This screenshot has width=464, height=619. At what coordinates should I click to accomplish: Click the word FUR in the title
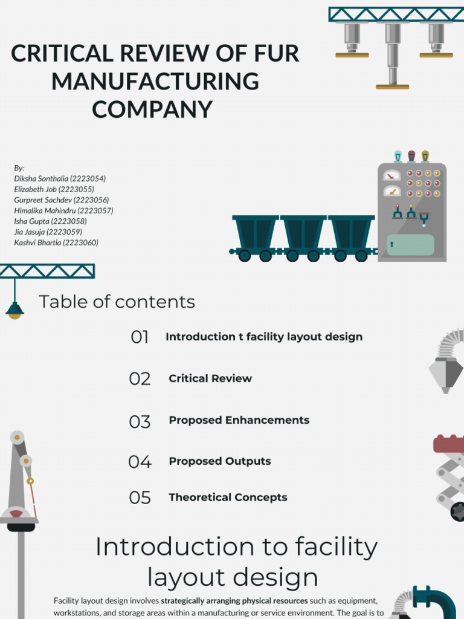[x=276, y=53]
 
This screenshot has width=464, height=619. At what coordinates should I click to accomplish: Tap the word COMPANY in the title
[x=152, y=109]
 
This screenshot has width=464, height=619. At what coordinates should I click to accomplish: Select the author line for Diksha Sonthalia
[x=60, y=178]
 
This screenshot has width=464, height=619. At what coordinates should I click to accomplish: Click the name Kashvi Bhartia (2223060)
[x=56, y=242]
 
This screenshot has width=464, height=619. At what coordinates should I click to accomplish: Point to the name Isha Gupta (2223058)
[x=50, y=221]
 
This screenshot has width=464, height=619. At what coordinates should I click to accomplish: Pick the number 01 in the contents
[x=140, y=337]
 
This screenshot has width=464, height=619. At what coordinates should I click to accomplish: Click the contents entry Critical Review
[x=210, y=378]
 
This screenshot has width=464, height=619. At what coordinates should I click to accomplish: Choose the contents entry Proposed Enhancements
[x=239, y=420]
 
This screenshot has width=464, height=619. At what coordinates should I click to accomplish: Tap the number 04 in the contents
[x=140, y=461]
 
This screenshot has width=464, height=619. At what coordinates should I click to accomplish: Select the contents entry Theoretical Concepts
[x=228, y=497]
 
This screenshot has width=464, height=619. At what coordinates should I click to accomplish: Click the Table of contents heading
[x=117, y=302]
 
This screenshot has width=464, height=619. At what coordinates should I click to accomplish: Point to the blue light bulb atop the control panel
[x=398, y=157]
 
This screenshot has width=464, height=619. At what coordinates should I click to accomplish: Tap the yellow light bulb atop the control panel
[x=425, y=157]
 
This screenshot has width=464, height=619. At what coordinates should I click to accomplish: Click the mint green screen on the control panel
[x=410, y=245]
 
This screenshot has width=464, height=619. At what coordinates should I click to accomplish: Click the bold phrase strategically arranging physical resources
[x=234, y=601]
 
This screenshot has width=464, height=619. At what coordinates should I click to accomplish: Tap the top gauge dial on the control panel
[x=391, y=176]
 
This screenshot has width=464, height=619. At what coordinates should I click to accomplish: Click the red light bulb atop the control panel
[x=411, y=157]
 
